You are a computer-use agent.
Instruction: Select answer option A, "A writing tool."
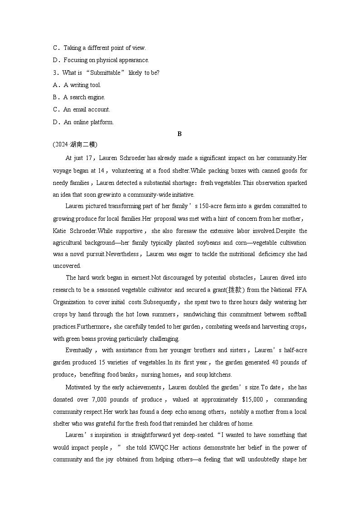click(82, 85)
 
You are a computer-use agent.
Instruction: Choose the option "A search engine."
click(84, 97)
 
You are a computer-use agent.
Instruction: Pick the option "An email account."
click(87, 109)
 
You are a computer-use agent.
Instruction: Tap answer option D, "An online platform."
click(88, 122)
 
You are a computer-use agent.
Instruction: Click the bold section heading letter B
click(180, 134)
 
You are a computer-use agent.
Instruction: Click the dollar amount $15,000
click(254, 399)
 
